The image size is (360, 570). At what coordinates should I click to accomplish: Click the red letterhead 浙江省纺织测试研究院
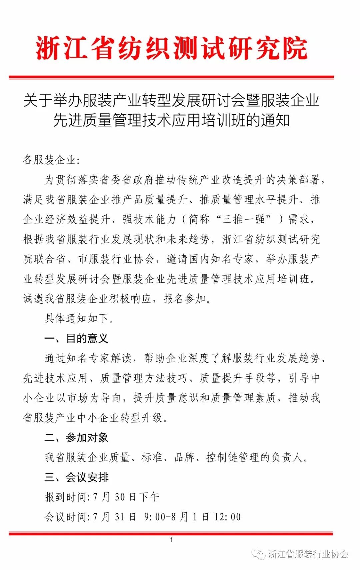(171, 49)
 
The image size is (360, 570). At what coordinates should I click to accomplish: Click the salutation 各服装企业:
(51, 160)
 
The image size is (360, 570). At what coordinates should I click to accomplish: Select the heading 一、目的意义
(76, 338)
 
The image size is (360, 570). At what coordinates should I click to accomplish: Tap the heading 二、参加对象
(76, 437)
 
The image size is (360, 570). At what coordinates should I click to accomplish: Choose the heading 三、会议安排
(76, 477)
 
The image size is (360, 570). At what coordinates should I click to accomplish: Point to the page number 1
(171, 540)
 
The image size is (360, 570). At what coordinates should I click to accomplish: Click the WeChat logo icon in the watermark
(258, 554)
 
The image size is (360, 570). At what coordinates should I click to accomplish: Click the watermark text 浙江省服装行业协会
(308, 554)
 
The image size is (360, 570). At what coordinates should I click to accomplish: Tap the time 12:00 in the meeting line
(227, 517)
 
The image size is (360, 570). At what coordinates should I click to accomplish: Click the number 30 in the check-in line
(120, 497)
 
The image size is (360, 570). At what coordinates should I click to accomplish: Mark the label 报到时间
(66, 497)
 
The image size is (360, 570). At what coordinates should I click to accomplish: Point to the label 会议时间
(66, 517)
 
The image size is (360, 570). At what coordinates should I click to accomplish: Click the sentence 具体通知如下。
(79, 318)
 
